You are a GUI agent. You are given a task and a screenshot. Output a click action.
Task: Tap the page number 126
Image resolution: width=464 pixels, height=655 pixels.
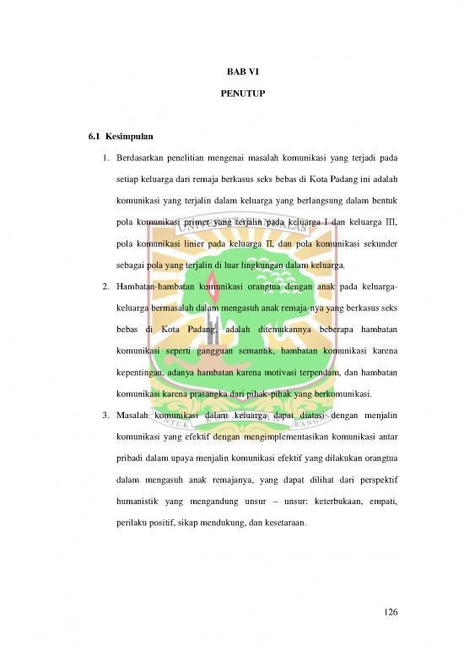[389, 610]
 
